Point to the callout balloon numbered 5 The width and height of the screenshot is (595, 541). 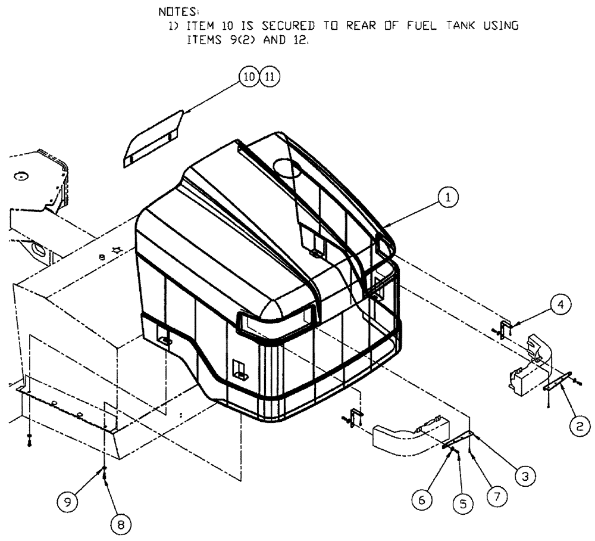tap(462, 503)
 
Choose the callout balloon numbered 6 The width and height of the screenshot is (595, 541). tap(422, 500)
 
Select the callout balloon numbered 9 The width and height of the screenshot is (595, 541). tap(68, 502)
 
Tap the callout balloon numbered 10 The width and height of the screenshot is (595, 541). tap(249, 77)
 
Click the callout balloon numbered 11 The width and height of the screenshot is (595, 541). tap(270, 77)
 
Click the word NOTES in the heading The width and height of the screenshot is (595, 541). tap(171, 12)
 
